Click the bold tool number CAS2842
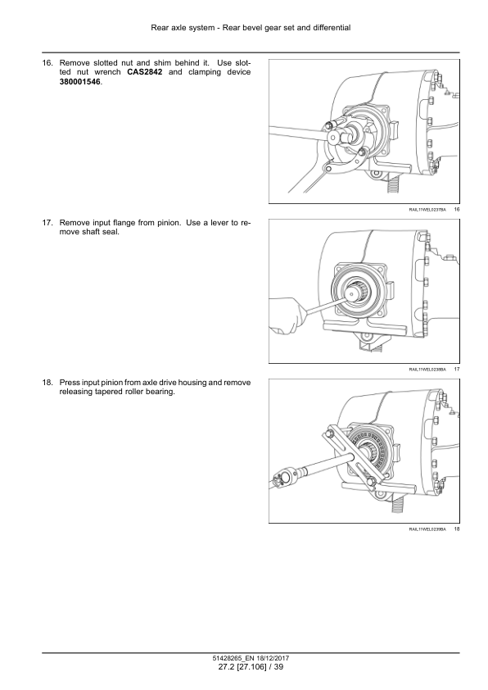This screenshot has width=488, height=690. point(145,72)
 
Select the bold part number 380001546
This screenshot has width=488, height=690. point(79,82)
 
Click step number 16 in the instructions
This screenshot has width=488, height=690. point(47,63)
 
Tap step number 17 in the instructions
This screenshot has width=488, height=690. point(47,223)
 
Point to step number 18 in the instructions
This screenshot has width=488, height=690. point(47,383)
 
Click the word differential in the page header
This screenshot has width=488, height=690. point(331,28)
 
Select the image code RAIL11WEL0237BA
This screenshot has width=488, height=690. point(427,210)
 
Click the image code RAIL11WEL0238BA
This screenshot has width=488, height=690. point(427,370)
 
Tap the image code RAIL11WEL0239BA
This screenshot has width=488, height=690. point(427,529)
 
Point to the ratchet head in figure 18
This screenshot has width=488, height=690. point(282,478)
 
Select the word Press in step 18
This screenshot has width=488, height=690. point(70,383)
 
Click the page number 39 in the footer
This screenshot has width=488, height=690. point(278,667)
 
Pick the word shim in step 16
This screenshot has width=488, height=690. point(162,63)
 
